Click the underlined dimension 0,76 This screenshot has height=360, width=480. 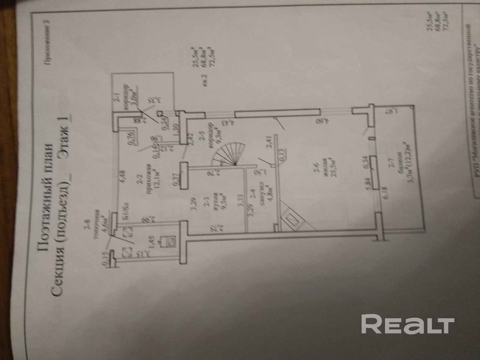[131, 136]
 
